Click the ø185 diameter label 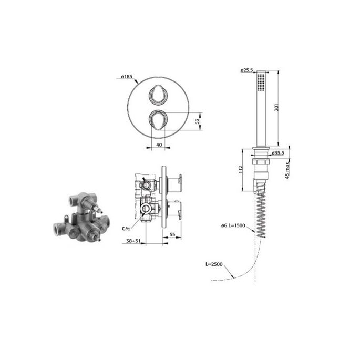coord(126,77)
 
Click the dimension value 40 coord(158,143)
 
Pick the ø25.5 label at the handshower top coord(247,70)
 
